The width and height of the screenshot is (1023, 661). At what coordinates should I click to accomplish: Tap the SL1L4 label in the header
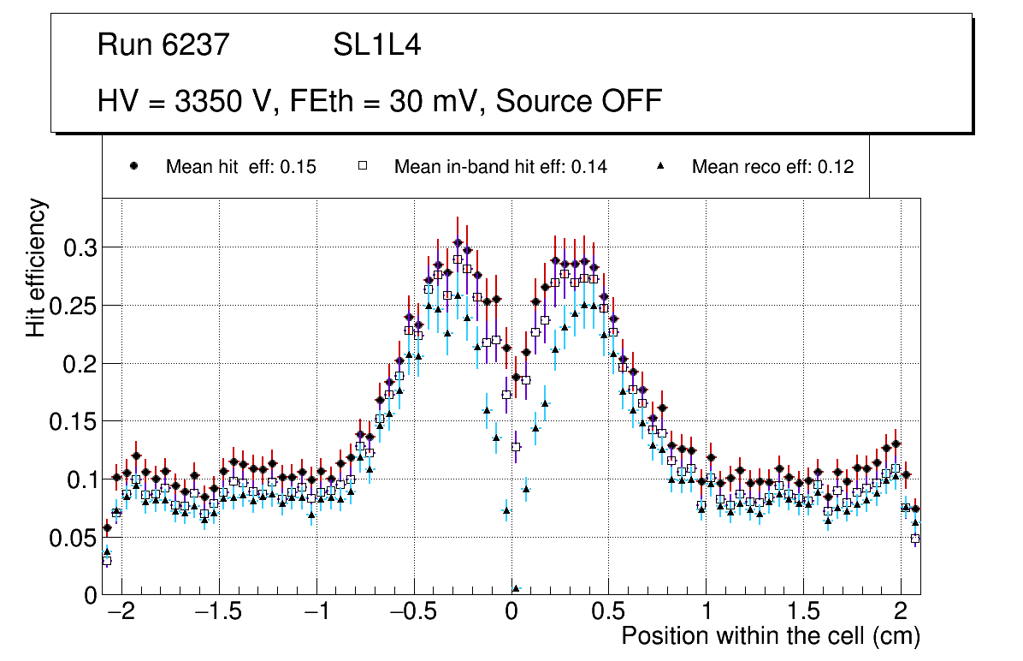(x=376, y=45)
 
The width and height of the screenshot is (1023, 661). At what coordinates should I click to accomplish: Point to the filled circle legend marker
(x=134, y=167)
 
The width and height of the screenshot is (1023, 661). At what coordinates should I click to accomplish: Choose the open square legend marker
(x=363, y=167)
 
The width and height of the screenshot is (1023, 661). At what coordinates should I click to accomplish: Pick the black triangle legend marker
(x=660, y=167)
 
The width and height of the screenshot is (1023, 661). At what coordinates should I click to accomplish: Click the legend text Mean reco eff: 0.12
(x=772, y=167)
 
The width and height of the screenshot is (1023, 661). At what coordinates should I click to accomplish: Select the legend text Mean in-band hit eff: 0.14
(x=500, y=167)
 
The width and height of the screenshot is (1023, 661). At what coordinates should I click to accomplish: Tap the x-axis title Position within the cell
(x=771, y=636)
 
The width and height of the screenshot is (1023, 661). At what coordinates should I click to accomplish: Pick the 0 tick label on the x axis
(x=511, y=612)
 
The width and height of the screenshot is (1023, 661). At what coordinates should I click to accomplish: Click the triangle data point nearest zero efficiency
(x=516, y=589)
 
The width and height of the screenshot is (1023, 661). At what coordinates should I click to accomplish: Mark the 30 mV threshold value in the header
(x=425, y=101)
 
